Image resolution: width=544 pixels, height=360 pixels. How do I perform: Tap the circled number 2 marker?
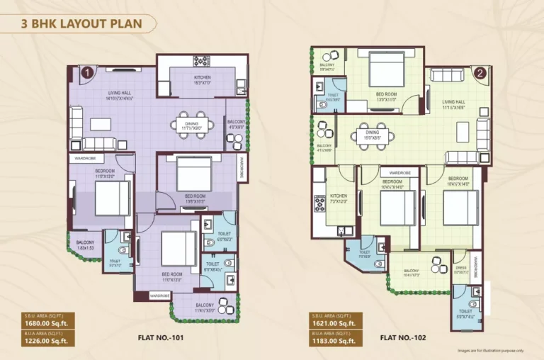pyautogui.click(x=480, y=72)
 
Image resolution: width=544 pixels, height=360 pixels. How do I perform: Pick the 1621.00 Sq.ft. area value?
pyautogui.click(x=332, y=323)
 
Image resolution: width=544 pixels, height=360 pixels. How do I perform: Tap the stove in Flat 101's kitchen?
pyautogui.click(x=199, y=62)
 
